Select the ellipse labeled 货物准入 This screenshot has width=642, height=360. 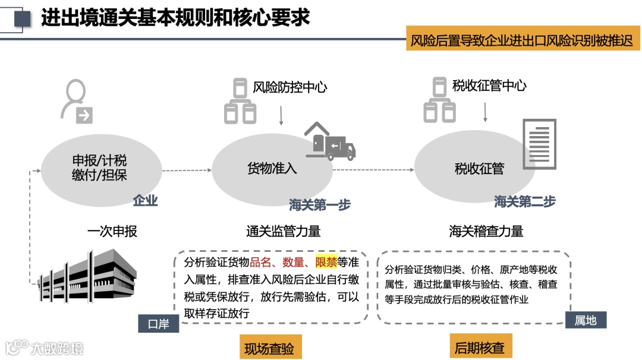pos(272,169)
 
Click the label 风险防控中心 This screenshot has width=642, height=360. pos(289,87)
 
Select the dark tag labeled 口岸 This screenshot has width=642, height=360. pos(158,324)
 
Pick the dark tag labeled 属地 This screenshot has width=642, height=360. pos(585,320)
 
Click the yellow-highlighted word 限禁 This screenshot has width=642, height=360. pos(326,262)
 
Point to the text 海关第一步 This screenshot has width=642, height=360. pos(320,205)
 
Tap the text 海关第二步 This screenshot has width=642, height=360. pos(524,202)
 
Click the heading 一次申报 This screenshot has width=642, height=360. pos(112,231)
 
